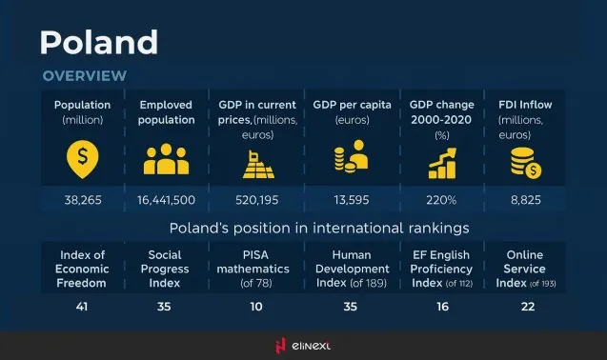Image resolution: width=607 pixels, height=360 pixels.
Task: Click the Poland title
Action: click(x=98, y=42)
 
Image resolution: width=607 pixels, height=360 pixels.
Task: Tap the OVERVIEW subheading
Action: click(x=84, y=75)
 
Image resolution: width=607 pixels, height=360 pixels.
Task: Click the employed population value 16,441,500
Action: click(x=167, y=200)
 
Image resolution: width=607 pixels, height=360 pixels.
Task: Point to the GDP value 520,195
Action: click(x=256, y=200)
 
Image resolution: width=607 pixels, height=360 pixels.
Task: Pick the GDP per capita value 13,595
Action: click(x=351, y=200)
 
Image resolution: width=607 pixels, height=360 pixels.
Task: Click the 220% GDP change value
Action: click(x=440, y=200)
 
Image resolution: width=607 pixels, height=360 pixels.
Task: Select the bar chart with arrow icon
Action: click(x=440, y=161)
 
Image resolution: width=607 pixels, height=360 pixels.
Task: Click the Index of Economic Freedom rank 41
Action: click(x=81, y=306)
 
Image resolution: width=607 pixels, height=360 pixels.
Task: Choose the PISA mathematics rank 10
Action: click(x=256, y=306)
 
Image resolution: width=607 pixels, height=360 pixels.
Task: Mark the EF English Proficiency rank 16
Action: click(x=440, y=306)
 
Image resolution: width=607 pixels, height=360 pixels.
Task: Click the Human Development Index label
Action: click(x=351, y=269)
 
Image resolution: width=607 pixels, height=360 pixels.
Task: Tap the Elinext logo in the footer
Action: click(x=302, y=346)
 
